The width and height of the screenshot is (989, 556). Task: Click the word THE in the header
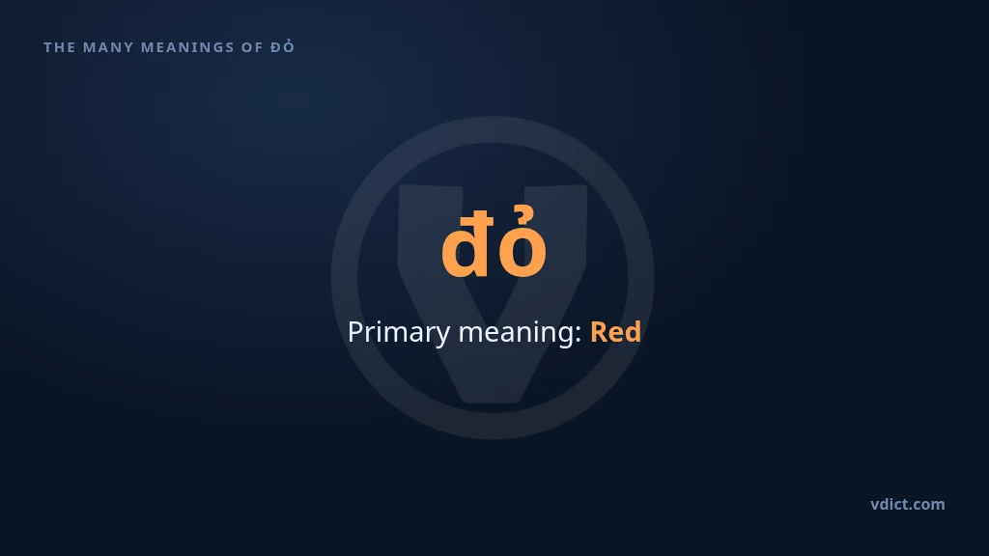pyautogui.click(x=59, y=47)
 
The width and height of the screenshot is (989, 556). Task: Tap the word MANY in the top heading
pyautogui.click(x=108, y=47)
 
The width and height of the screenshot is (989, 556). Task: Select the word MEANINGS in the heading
pyautogui.click(x=187, y=47)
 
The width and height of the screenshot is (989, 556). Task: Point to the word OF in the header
pyautogui.click(x=252, y=47)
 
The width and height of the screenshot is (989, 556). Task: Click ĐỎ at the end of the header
pyautogui.click(x=283, y=46)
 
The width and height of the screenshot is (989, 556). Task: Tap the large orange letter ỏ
pyautogui.click(x=523, y=242)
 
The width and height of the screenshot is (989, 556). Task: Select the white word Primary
pyautogui.click(x=399, y=333)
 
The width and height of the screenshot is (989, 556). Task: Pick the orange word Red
pyautogui.click(x=615, y=332)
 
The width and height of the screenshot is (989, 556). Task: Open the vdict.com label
pyautogui.click(x=908, y=504)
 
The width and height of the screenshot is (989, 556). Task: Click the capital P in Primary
pyautogui.click(x=355, y=332)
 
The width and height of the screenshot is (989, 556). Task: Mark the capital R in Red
pyautogui.click(x=599, y=332)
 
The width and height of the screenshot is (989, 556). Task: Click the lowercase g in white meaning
pyautogui.click(x=567, y=337)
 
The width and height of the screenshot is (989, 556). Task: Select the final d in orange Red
pyautogui.click(x=634, y=332)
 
